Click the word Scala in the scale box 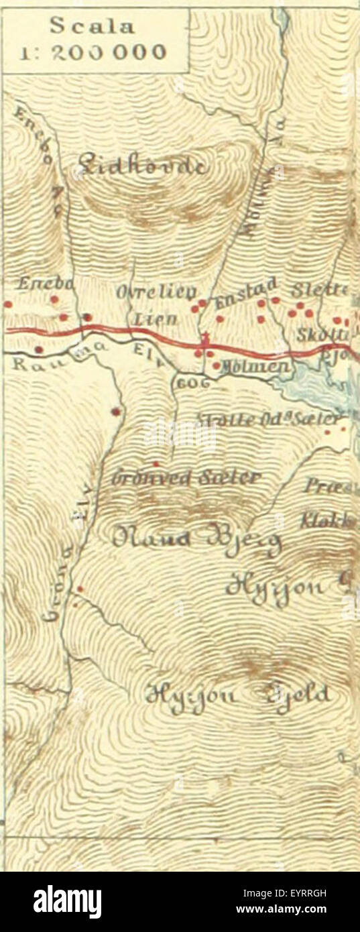point(93,27)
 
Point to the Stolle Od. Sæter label point(272,420)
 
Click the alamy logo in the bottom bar point(67,902)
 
